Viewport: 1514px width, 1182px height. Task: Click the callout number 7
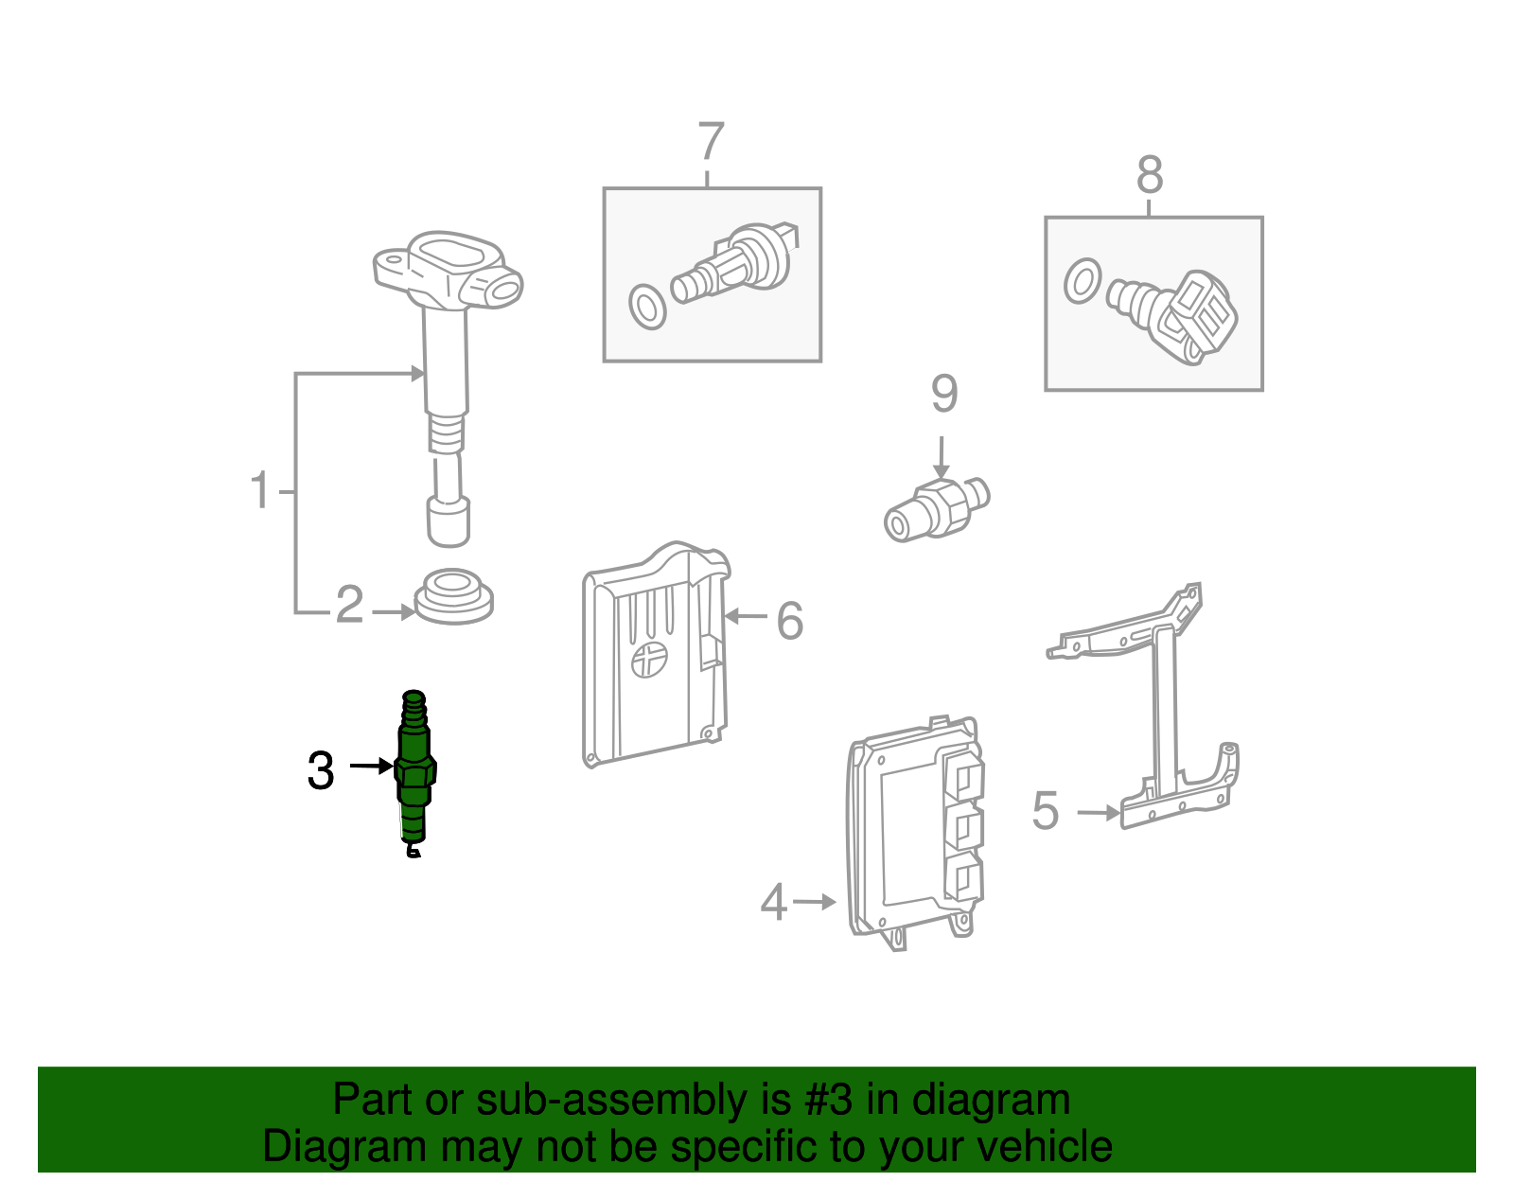tap(711, 141)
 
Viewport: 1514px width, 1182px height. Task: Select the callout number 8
tap(1150, 174)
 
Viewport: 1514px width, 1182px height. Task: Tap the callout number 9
tap(944, 394)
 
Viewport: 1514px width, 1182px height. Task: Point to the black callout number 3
tap(321, 770)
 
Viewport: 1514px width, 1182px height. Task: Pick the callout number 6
tap(789, 620)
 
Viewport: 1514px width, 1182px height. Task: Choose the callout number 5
tap(1045, 810)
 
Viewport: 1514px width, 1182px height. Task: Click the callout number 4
tap(773, 901)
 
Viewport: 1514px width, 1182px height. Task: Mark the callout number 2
tap(349, 604)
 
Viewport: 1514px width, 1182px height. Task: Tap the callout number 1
tap(260, 489)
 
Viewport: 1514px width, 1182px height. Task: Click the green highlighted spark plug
tap(414, 773)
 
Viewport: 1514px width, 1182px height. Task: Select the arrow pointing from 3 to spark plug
tap(371, 767)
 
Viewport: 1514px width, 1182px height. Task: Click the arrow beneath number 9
tap(942, 458)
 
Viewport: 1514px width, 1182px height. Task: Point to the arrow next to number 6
tap(746, 616)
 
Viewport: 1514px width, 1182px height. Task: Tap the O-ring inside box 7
tap(647, 307)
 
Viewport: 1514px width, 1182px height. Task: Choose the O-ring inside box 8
tap(1083, 281)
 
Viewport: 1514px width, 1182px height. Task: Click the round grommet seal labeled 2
tap(453, 596)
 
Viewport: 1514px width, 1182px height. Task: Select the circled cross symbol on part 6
tap(649, 659)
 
